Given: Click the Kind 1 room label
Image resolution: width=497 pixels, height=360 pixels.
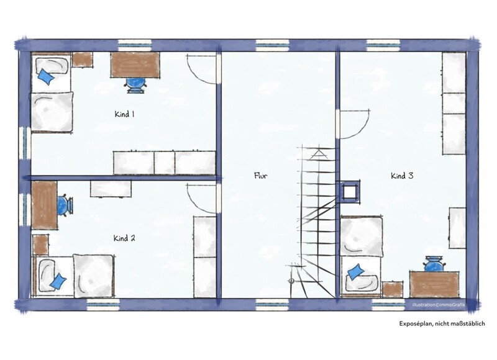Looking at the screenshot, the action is (124, 114).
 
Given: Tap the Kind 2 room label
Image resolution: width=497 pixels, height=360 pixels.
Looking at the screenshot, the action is (124, 238).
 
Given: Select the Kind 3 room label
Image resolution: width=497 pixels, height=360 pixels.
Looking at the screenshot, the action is (402, 176).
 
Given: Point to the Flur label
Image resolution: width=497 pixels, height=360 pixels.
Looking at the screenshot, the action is (260, 176).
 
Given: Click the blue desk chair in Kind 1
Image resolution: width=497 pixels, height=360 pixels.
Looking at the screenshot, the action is (136, 84).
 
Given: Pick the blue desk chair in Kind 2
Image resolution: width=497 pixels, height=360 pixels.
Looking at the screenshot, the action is (65, 205).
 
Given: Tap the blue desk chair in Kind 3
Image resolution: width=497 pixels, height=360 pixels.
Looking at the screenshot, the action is (433, 264).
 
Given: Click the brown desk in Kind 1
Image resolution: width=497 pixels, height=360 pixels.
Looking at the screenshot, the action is (135, 65).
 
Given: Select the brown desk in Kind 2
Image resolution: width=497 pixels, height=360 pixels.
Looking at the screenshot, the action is (44, 205).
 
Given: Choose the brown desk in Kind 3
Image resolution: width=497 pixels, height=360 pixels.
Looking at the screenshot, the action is (434, 284).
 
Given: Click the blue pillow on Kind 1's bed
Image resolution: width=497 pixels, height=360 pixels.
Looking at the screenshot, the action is (45, 77).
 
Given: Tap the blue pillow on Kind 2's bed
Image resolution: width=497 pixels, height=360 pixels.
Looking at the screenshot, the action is (58, 281).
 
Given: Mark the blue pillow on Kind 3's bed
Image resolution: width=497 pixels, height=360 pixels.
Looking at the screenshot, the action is (356, 271).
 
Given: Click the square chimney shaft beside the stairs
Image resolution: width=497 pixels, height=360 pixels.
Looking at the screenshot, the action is (350, 192).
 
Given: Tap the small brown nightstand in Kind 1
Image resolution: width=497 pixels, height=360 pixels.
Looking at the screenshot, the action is (83, 60).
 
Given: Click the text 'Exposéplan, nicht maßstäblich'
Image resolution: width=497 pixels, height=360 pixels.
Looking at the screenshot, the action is (442, 323).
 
